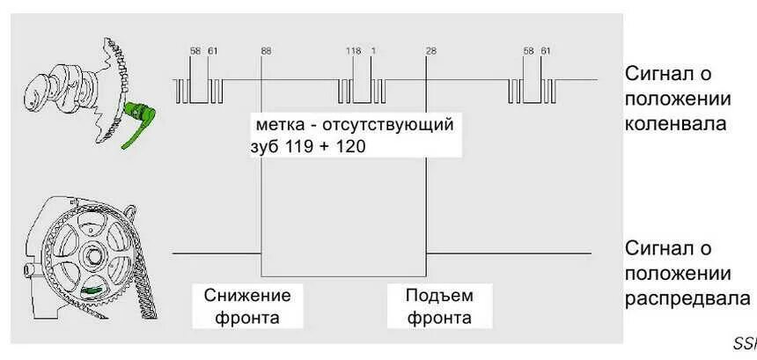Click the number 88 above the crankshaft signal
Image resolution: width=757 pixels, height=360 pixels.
pos(266,51)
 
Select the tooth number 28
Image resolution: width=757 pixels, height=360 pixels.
pos(430,51)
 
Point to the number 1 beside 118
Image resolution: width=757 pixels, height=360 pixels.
pos(373,51)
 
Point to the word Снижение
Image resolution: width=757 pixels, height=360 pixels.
pos(247,295)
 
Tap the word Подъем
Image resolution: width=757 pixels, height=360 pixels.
pos(439,295)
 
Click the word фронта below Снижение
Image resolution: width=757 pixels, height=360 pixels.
pos(247,318)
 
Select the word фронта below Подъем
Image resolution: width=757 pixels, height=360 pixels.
pos(439,318)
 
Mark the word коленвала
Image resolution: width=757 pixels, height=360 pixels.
pos(676,122)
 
